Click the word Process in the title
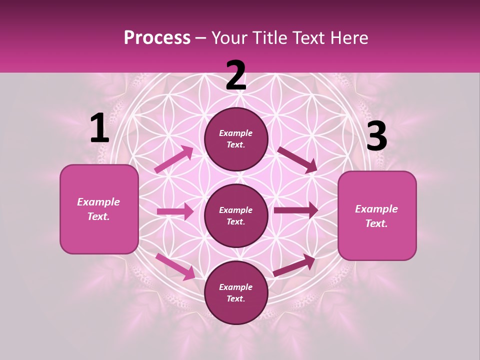pos(157,38)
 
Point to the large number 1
pos(99,128)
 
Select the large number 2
pos(236,75)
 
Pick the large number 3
pos(376,136)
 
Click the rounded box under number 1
pos(99,209)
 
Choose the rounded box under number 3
pos(377,216)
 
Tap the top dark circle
pos(236,139)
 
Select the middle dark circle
pos(236,215)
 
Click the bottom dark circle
pos(236,292)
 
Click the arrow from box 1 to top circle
pos(174,159)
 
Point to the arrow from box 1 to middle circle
pos(175,211)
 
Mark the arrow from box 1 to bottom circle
pos(175,266)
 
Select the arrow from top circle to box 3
pos(297,159)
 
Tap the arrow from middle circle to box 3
pos(296,210)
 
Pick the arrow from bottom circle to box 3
pos(294,265)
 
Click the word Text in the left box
pos(98,216)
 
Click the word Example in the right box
pos(376,209)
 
